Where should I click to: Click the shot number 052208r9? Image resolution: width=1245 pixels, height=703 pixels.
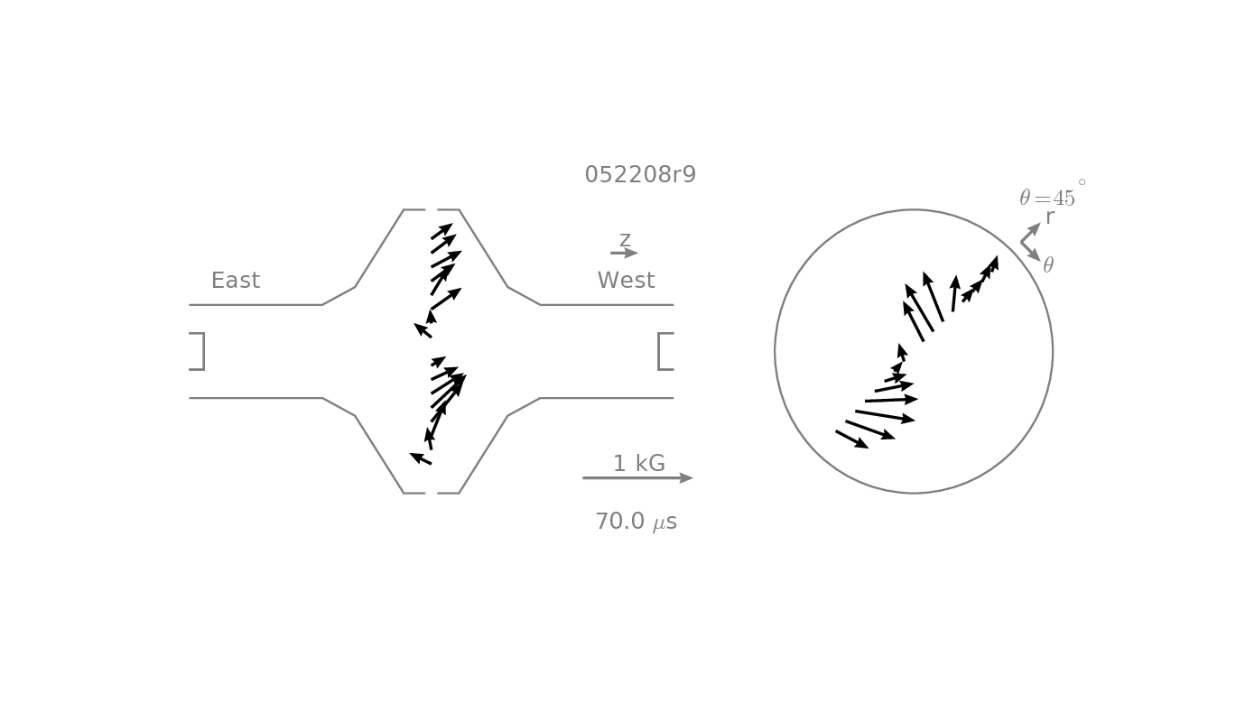(640, 174)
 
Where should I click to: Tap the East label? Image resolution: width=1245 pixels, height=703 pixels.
(236, 280)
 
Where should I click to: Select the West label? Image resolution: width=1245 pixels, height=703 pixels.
(627, 280)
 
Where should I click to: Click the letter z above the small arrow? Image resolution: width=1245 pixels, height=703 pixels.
(625, 239)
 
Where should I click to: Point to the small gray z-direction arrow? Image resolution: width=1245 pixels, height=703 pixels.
(624, 254)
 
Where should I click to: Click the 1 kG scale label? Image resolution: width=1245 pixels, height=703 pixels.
(638, 464)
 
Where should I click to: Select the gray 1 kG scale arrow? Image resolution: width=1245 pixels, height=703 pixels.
(637, 478)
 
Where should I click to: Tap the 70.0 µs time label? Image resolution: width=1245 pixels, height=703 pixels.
(636, 522)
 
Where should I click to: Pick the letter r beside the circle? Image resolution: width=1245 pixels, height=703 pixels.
(1050, 217)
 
